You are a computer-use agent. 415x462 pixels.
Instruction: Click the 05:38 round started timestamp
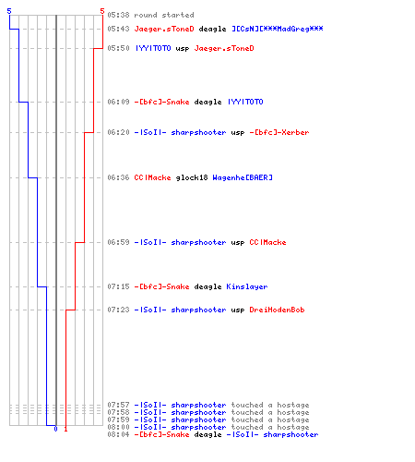tap(118, 15)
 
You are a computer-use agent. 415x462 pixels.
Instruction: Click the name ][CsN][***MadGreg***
tap(278, 29)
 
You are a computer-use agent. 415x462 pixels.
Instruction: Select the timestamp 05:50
tap(118, 48)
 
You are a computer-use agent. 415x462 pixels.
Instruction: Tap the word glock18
tap(192, 177)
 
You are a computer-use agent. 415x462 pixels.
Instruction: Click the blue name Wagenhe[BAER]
tap(243, 177)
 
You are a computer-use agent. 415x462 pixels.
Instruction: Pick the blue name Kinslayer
tap(247, 286)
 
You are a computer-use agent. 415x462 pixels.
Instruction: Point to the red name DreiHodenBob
tap(277, 310)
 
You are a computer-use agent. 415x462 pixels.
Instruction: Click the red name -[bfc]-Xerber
tap(279, 132)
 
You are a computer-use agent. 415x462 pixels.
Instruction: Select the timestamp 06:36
tap(118, 177)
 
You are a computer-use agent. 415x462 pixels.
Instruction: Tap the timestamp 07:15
tap(118, 286)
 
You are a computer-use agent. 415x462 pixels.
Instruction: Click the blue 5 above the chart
tap(9, 11)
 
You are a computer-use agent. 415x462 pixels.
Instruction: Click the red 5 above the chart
tap(102, 11)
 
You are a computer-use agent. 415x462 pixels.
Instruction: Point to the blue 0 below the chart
tap(55, 429)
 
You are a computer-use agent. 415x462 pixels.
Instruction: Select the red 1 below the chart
tap(65, 429)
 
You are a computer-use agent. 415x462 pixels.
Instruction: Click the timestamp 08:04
tap(118, 434)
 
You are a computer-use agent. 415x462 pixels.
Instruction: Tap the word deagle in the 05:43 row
tap(212, 29)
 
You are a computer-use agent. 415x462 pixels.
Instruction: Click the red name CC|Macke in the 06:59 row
tap(267, 242)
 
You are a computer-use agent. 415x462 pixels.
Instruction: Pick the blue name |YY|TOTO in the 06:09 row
tap(245, 102)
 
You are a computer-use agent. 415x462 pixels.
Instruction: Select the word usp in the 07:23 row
tap(238, 310)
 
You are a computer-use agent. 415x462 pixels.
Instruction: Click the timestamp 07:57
tap(118, 405)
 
